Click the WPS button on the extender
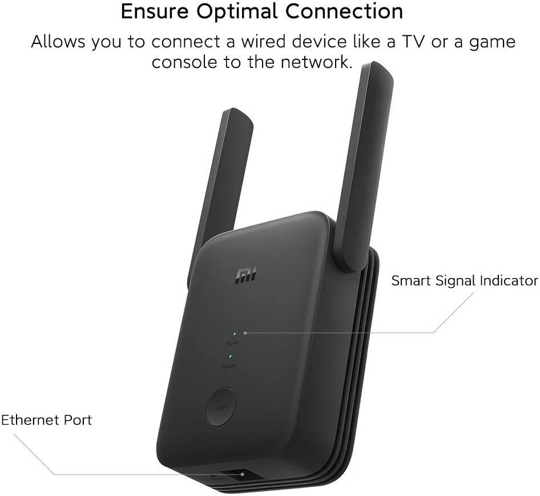click(x=221, y=407)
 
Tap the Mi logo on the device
click(x=246, y=276)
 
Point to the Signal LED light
click(x=235, y=334)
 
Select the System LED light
click(x=230, y=356)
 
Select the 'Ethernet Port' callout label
click(x=46, y=420)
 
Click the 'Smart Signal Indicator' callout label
click(x=465, y=281)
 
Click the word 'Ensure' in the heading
click(x=155, y=11)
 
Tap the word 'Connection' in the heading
click(x=344, y=11)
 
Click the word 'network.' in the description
click(x=317, y=62)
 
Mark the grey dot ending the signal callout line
click(x=245, y=333)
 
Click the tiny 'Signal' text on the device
click(x=233, y=344)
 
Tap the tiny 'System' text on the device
click(x=228, y=366)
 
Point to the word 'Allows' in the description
click(x=58, y=42)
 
